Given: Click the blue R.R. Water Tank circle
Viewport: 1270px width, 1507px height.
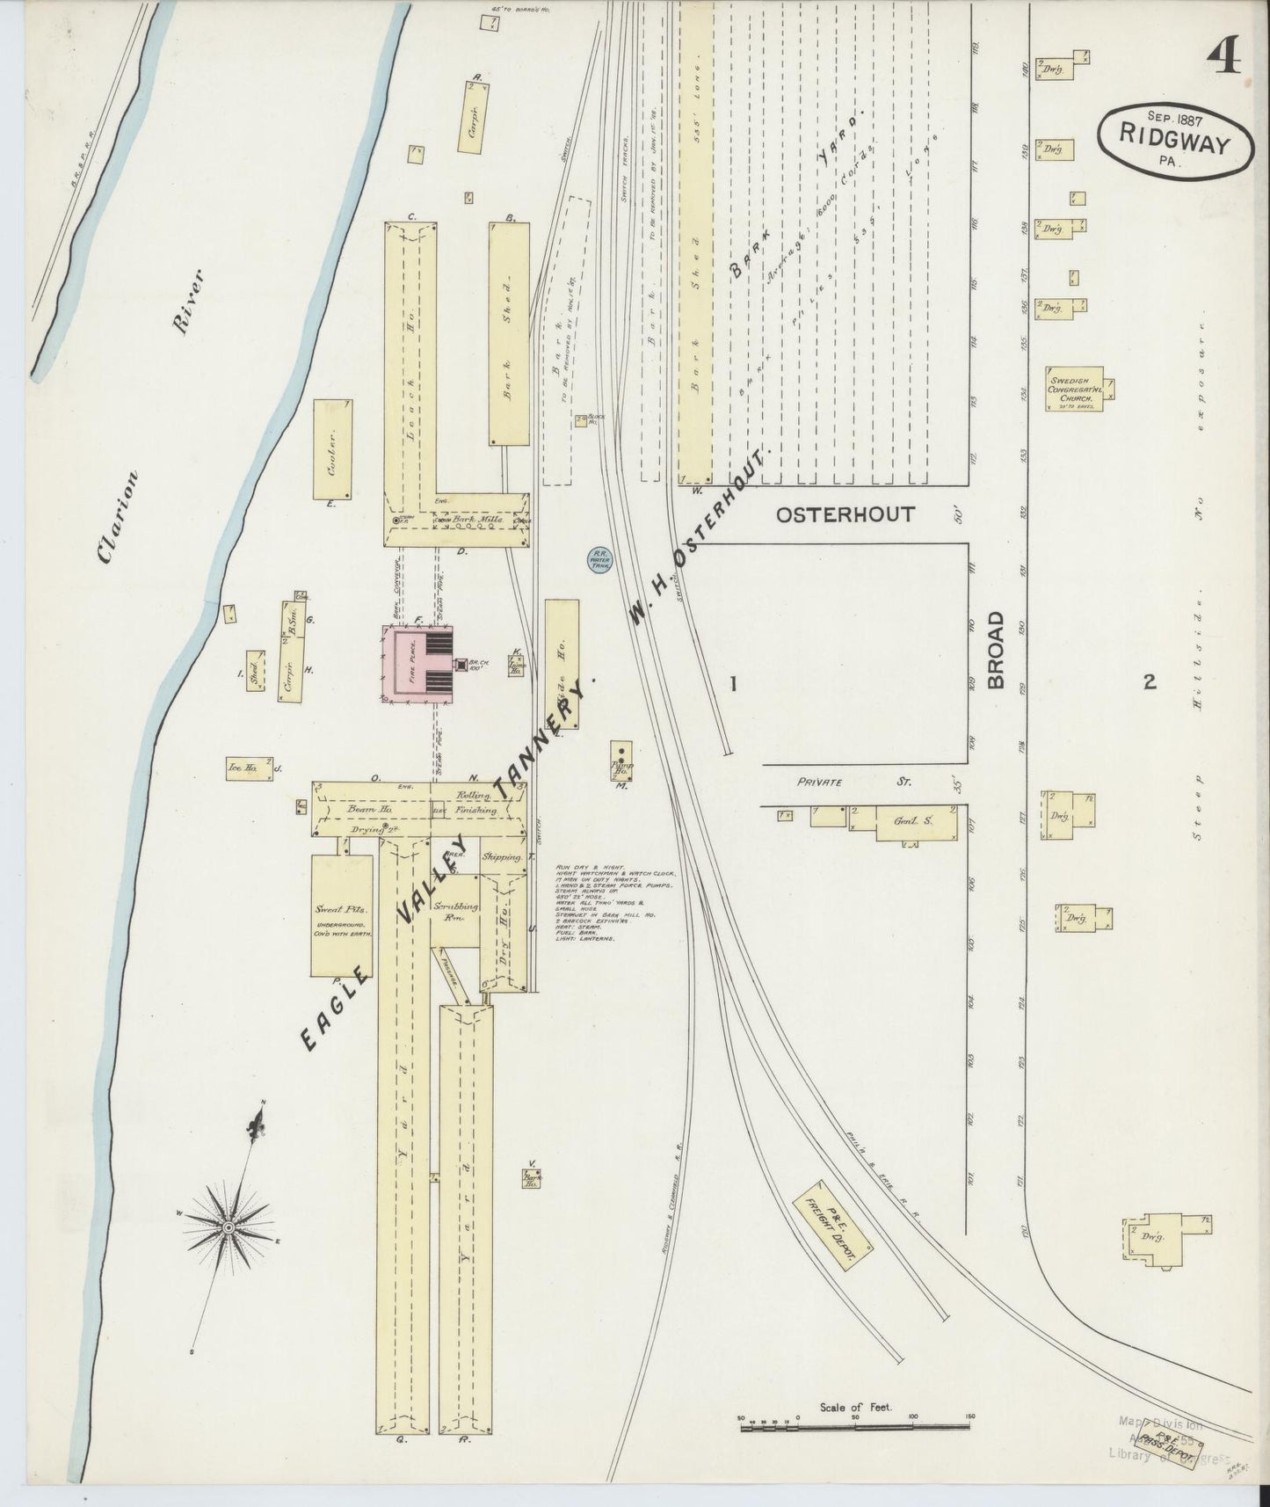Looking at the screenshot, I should pos(600,558).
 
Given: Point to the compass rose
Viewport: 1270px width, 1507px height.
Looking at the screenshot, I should pos(229,1227).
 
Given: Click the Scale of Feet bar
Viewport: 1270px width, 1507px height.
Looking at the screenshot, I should pos(857,1429).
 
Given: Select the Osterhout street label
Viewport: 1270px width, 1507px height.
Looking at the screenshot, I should pos(845,515).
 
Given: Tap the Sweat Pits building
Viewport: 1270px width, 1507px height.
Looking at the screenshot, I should pos(340,914).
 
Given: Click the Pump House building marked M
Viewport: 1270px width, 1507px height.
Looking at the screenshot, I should pos(622,758).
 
